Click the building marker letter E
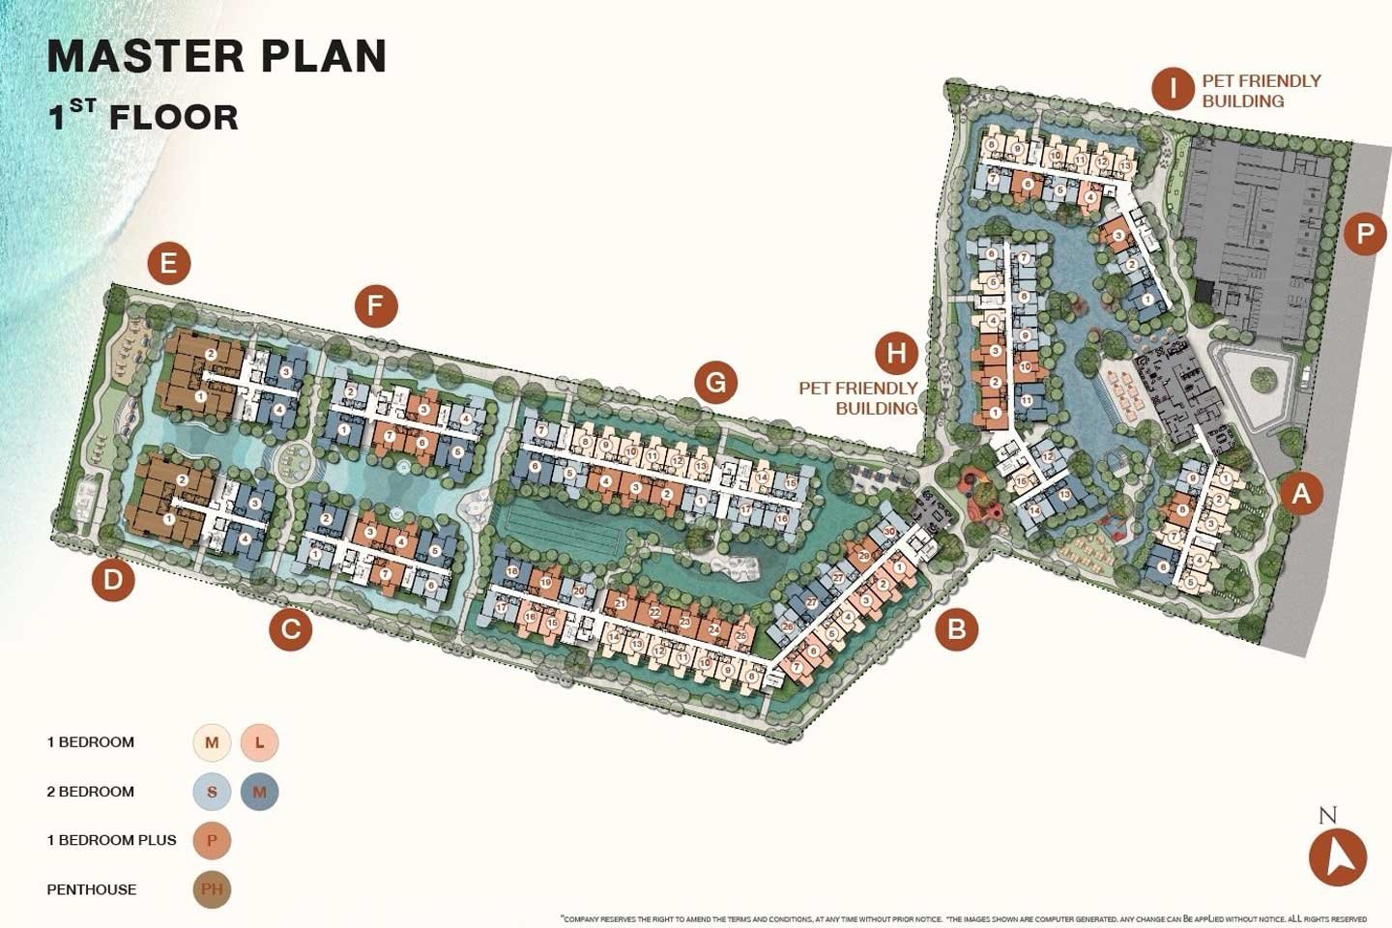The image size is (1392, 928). click(x=169, y=263)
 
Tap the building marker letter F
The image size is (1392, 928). click(x=376, y=307)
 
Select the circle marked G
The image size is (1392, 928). click(x=715, y=383)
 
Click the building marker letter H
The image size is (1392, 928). click(x=896, y=353)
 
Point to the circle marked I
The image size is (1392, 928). click(x=1173, y=89)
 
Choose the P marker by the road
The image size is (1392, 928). click(x=1365, y=234)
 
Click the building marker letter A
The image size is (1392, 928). click(x=1301, y=494)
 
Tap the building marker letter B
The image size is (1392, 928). click(x=956, y=629)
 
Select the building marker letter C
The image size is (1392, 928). click(x=290, y=630)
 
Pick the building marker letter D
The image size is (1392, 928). click(x=113, y=580)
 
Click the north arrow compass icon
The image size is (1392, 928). click(x=1338, y=855)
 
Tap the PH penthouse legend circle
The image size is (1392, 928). click(x=212, y=889)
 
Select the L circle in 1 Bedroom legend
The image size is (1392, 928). click(x=259, y=743)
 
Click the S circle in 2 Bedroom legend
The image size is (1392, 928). click(x=212, y=792)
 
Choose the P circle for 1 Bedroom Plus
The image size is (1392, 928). click(x=212, y=840)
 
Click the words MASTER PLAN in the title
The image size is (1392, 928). click(x=217, y=56)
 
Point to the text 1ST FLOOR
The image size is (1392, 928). click(x=143, y=117)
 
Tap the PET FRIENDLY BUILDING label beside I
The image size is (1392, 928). click(x=1261, y=91)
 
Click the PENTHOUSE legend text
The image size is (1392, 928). click(x=92, y=889)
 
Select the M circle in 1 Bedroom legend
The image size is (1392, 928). click(x=212, y=743)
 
